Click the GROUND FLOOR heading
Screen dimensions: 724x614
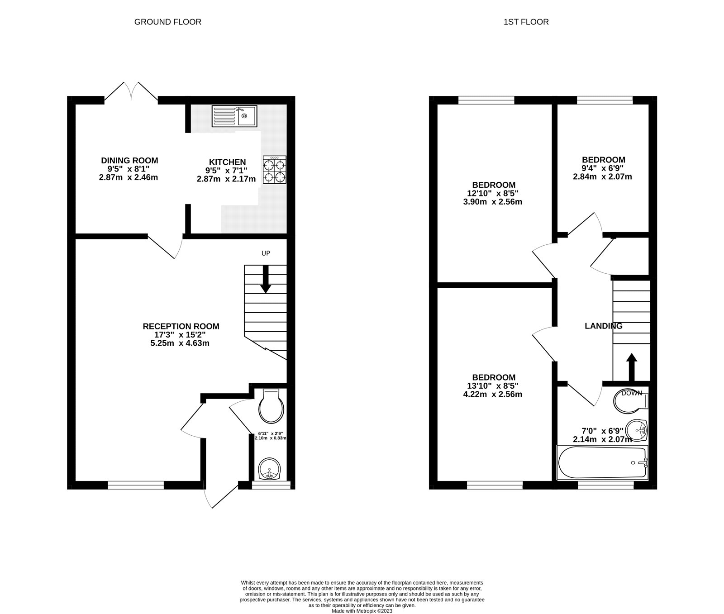pos(167,22)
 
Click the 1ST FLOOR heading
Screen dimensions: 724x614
pos(526,22)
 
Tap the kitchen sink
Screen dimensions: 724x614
pos(234,116)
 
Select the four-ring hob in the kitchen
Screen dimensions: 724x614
pos(275,169)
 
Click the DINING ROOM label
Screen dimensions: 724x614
pos(129,160)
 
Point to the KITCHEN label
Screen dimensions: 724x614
pos(227,162)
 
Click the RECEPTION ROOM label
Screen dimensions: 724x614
pos(181,326)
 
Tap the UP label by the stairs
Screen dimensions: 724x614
pos(266,253)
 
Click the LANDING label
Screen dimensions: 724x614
pos(604,326)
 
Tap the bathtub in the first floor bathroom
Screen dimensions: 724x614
pos(603,462)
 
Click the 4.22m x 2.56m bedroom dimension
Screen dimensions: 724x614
pos(494,394)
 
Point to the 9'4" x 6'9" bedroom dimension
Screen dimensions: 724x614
pos(604,168)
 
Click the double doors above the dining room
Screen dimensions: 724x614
pos(131,91)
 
